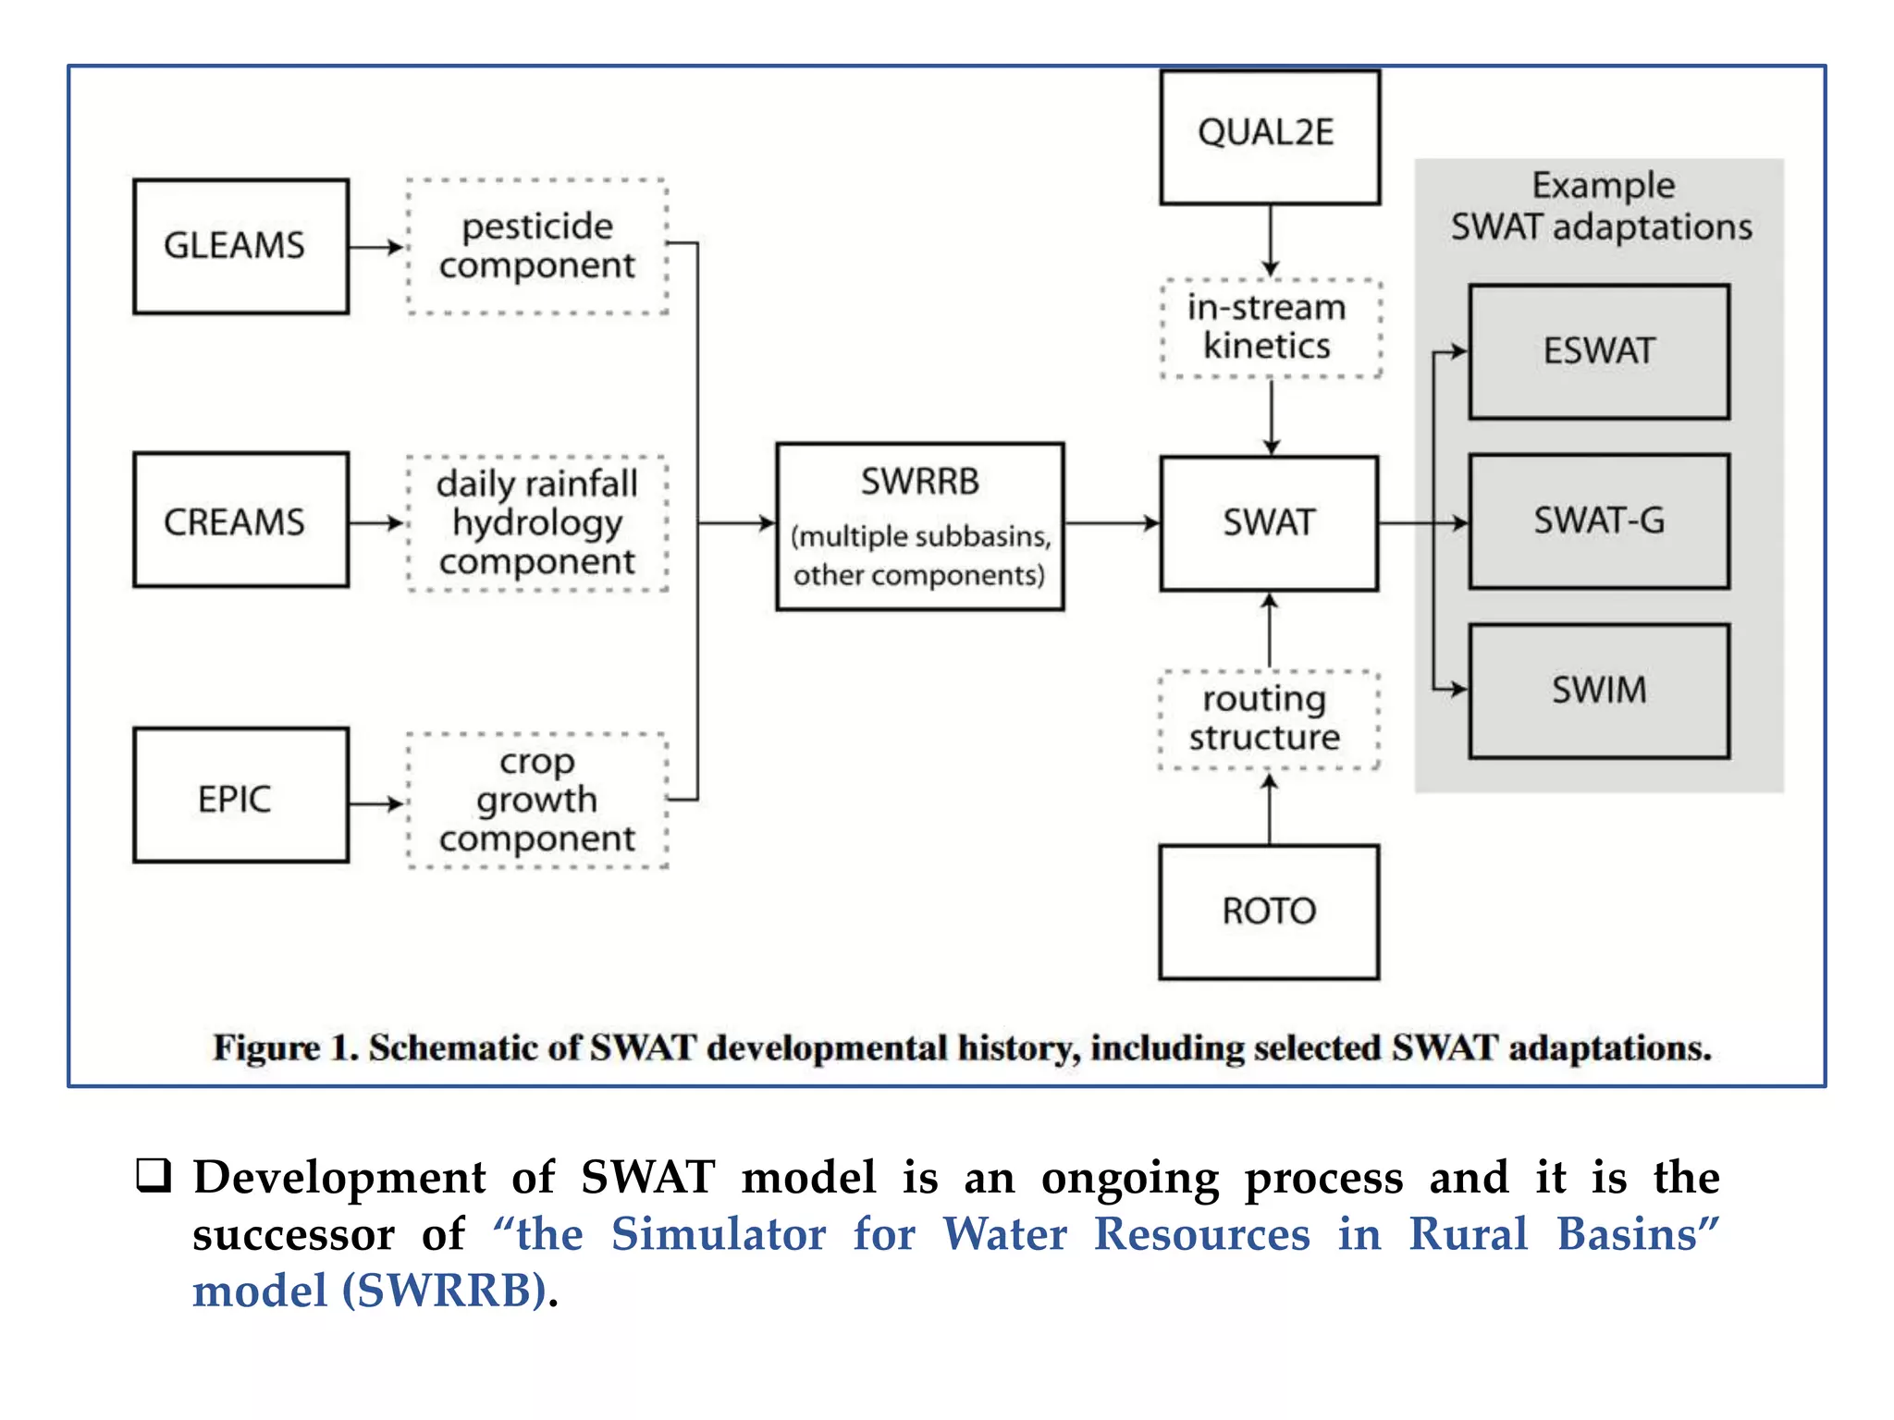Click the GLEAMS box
240,246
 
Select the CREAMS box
240,520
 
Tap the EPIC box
240,795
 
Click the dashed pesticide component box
536,246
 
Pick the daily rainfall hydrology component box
536,523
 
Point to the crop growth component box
536,801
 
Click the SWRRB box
919,527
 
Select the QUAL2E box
1270,137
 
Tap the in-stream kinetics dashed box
1270,328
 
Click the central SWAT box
1269,523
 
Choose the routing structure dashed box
1268,719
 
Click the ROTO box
1269,912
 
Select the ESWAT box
1598,351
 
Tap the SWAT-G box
1598,521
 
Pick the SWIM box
1598,691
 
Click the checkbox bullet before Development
154,1175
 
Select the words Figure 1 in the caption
284,1048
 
